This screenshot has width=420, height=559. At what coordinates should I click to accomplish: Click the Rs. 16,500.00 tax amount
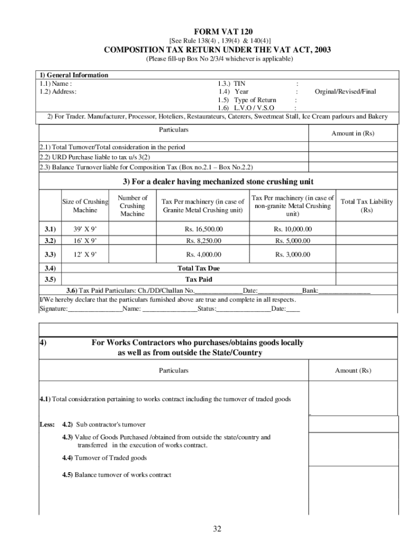[x=203, y=229]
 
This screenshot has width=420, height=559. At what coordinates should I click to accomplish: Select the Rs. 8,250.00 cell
[x=203, y=241]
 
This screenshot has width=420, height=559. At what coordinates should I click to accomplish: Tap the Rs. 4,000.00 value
[x=203, y=254]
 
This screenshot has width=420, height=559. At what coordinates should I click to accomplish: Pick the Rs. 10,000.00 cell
[x=292, y=229]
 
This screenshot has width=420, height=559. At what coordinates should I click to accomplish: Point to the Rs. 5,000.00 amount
[x=292, y=241]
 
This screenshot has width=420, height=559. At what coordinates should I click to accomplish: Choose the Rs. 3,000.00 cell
[x=292, y=254]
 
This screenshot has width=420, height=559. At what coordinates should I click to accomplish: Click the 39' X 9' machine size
[x=85, y=229]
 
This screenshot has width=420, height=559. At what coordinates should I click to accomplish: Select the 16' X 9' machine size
[x=85, y=241]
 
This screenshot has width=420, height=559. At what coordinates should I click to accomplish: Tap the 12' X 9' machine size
[x=85, y=254]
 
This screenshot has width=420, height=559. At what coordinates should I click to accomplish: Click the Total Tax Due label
[x=199, y=269]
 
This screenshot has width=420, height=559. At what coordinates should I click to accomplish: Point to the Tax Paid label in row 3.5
[x=199, y=279]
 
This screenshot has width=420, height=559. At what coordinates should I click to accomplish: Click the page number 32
[x=217, y=528]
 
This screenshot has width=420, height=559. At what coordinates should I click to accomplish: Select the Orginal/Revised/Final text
[x=345, y=92]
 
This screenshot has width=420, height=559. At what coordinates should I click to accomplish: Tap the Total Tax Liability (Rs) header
[x=366, y=206]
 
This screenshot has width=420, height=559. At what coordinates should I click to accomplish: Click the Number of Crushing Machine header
[x=133, y=206]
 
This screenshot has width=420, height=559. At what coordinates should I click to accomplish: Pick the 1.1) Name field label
[x=56, y=84]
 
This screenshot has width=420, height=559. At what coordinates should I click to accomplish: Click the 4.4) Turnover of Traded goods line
[x=104, y=458]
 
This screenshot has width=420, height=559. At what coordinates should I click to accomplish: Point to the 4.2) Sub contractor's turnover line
[x=104, y=424]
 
